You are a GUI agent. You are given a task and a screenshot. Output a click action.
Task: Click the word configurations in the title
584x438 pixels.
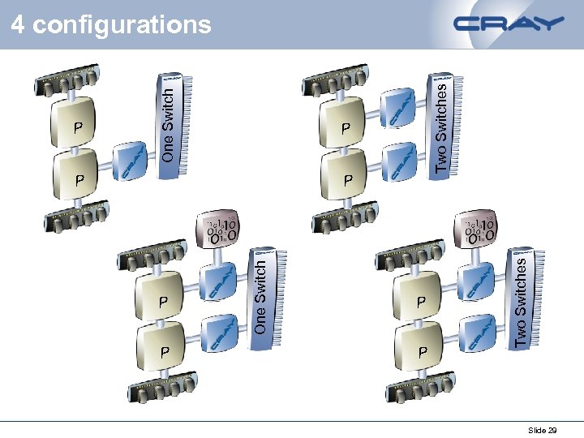pyautogui.click(x=122, y=25)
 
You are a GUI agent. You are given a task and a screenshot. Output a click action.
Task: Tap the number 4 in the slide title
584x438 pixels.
pyautogui.click(x=18, y=25)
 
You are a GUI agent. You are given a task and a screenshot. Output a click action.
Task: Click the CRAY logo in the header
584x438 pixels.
pyautogui.click(x=509, y=24)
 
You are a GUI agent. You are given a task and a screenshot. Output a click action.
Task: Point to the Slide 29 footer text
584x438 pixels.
pyautogui.click(x=542, y=430)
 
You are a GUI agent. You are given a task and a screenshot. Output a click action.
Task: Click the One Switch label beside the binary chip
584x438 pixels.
pyautogui.click(x=260, y=294)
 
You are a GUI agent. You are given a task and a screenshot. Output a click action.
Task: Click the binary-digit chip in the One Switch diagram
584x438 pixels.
pyautogui.click(x=221, y=230)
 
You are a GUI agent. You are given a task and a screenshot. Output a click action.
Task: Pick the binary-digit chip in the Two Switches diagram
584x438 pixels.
pyautogui.click(x=479, y=230)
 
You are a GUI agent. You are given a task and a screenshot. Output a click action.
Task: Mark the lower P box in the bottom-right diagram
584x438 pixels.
pyautogui.click(x=420, y=348)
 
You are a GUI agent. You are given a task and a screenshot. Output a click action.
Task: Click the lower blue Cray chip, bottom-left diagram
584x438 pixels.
pyautogui.click(x=220, y=333)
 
